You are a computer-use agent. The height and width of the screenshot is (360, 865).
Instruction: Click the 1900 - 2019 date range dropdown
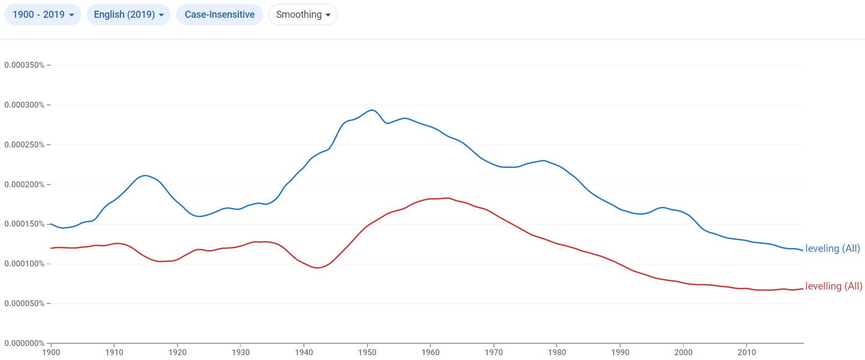click(x=42, y=15)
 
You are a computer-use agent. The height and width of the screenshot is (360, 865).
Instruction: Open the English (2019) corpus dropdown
click(x=128, y=15)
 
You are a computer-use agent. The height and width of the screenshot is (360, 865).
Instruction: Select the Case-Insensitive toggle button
click(x=219, y=15)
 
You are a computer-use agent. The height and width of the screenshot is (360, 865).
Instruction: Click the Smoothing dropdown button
click(x=302, y=15)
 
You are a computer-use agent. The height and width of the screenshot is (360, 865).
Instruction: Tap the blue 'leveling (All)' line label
click(x=832, y=249)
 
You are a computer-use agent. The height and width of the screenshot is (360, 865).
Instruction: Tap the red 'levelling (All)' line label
click(x=833, y=286)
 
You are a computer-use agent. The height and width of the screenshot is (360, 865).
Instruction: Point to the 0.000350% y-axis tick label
click(x=24, y=65)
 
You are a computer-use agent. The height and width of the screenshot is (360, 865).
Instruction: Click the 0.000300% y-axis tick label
click(x=24, y=105)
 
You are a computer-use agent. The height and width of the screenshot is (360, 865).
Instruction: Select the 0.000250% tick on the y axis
click(x=24, y=145)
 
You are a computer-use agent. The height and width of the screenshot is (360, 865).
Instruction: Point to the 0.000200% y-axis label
click(x=24, y=185)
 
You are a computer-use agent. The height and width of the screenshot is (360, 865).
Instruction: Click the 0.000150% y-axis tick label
click(x=24, y=224)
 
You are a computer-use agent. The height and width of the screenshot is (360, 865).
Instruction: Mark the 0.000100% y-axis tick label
click(x=24, y=264)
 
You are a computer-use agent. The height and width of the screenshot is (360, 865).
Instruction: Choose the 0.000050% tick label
click(x=24, y=303)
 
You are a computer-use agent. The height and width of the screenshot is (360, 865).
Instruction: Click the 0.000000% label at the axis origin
click(x=24, y=343)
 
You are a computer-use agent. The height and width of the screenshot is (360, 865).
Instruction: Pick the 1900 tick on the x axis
click(x=51, y=352)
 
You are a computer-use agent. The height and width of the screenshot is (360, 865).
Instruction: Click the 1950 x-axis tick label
click(x=367, y=352)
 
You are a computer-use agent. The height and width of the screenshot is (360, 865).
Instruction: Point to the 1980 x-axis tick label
click(x=557, y=352)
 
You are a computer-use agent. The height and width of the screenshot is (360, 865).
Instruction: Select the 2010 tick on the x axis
click(x=747, y=352)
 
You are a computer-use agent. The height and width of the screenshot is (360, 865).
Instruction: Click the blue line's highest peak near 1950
click(x=372, y=110)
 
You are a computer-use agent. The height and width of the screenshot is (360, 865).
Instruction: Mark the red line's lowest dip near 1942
click(x=317, y=267)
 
